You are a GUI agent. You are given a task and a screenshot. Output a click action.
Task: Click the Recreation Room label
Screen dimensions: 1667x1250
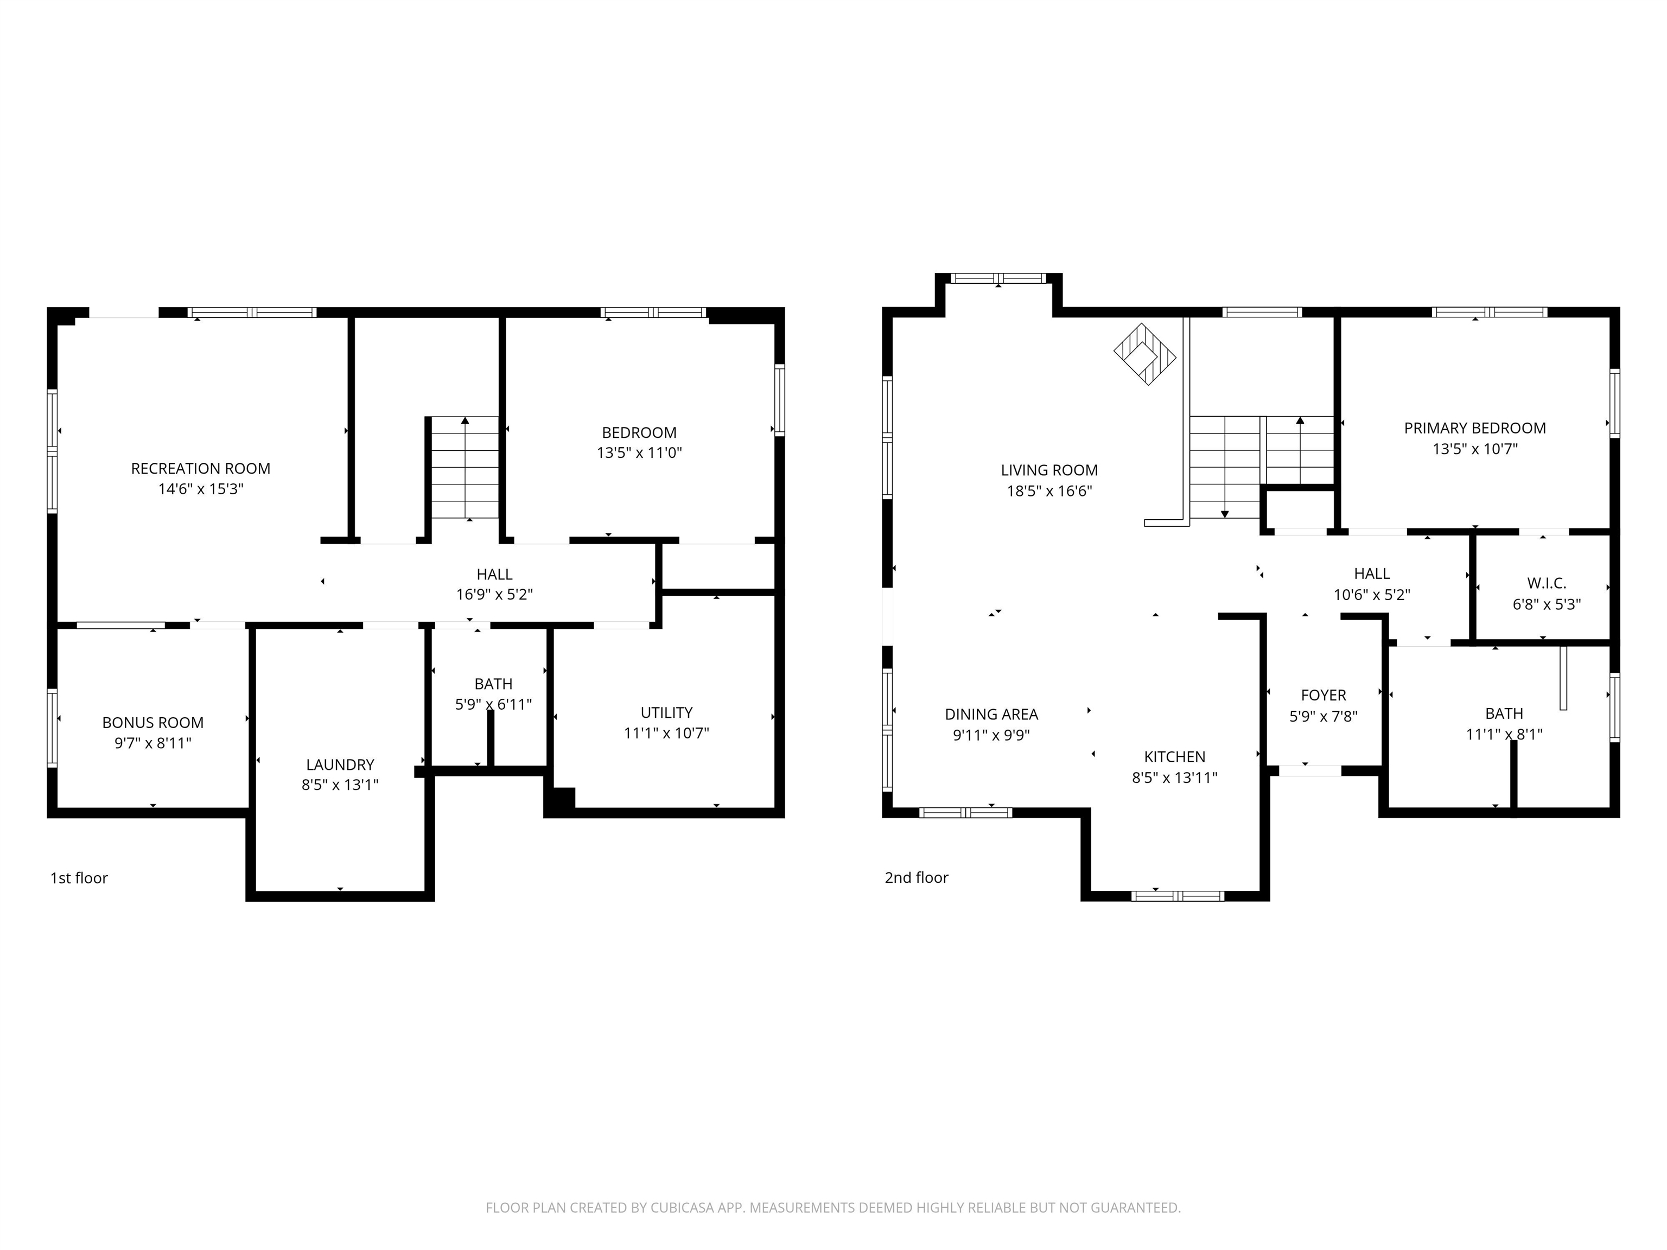(200, 469)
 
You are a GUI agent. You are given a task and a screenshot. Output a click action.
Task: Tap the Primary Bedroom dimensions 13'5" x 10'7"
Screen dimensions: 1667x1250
(1475, 449)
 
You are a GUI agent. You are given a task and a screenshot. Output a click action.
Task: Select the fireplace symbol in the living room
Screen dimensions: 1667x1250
(1145, 354)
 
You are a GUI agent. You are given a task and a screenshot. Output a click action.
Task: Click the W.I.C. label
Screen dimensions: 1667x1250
(1547, 583)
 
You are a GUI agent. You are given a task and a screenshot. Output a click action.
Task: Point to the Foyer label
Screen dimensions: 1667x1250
(1324, 696)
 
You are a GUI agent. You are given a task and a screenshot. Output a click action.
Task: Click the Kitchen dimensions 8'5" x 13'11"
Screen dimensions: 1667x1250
(1174, 777)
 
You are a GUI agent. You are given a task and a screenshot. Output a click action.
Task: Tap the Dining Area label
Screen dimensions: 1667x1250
(991, 715)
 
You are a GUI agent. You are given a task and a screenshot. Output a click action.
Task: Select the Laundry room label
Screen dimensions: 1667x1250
(340, 765)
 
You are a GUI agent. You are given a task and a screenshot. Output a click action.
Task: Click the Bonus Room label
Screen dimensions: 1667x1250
(153, 723)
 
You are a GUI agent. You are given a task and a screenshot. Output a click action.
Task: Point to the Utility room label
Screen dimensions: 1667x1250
(666, 713)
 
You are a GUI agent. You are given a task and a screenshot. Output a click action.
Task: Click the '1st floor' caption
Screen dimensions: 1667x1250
(79, 878)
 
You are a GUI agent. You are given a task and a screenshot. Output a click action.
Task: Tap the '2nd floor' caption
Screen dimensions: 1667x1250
(917, 877)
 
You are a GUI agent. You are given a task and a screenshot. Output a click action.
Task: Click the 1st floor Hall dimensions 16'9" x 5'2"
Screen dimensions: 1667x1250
(494, 595)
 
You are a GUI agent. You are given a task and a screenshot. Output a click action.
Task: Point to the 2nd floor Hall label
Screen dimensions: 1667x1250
(1372, 574)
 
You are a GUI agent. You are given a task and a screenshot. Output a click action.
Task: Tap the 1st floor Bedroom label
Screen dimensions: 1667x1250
(639, 432)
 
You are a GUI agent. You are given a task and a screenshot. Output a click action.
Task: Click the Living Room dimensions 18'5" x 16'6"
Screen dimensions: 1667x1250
(1049, 491)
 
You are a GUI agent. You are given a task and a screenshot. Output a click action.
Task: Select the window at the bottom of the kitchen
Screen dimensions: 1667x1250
(1178, 896)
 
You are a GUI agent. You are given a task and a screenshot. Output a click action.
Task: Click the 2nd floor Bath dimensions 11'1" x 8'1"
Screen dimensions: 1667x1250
(1504, 734)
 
